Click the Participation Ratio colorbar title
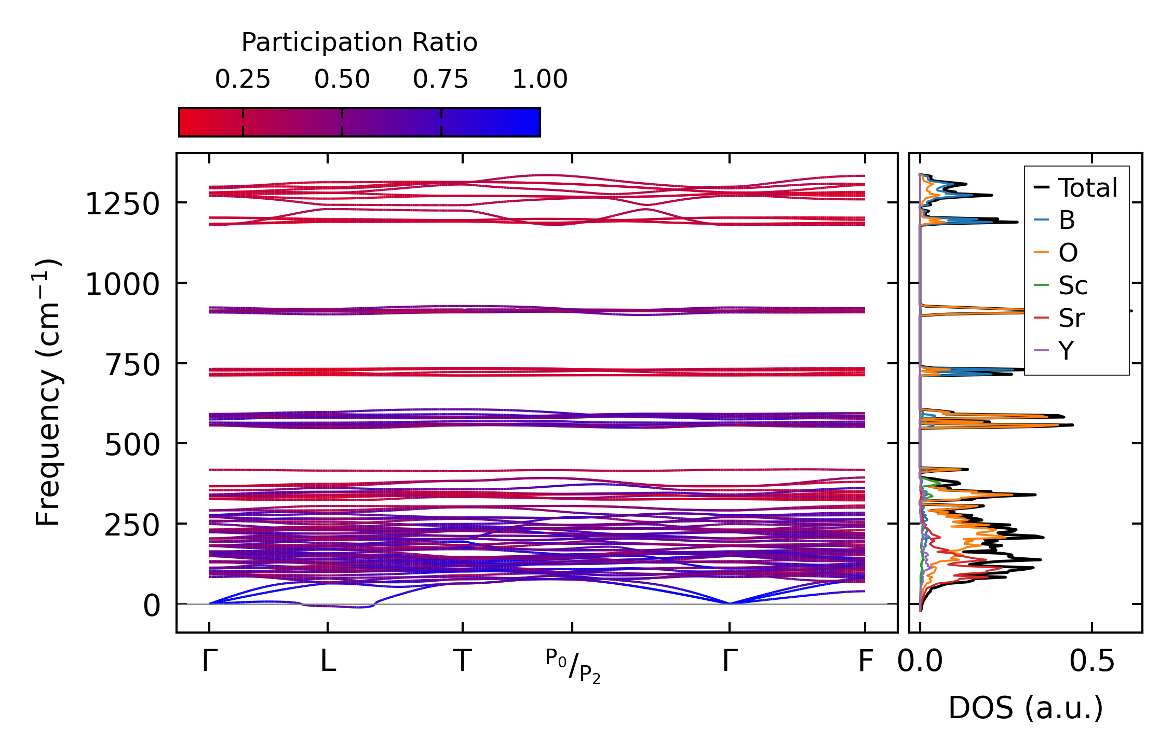click(x=359, y=43)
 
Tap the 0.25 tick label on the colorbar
click(x=242, y=79)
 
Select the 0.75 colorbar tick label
click(x=441, y=79)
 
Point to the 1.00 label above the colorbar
click(x=540, y=79)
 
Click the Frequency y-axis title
click(x=48, y=392)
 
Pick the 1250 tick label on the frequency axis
click(x=122, y=204)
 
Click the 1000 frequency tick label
click(x=122, y=284)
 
